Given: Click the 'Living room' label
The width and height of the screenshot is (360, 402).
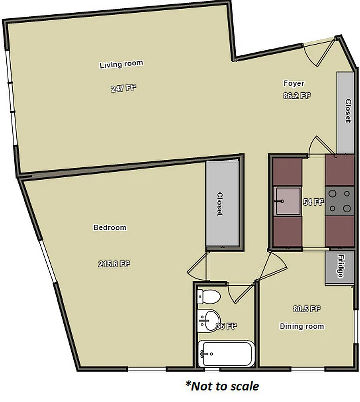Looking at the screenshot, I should pos(121,64).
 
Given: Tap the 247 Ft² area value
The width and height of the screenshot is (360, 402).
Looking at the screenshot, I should pos(124,89).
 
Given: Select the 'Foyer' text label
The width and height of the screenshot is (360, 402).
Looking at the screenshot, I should pos(294,83).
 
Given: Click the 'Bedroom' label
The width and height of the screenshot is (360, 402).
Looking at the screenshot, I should pos(110,228).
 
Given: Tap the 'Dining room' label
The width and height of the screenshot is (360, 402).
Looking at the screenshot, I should pos(302,326).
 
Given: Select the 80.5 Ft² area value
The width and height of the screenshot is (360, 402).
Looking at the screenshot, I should pos(307,309).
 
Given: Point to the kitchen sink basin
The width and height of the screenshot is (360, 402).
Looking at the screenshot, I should pos(287,202).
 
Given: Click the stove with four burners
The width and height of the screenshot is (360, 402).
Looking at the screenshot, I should pos(339,202).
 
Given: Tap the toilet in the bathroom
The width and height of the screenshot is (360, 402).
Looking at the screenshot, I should pos(208,296).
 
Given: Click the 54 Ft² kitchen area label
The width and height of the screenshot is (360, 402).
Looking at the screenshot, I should pos(313,202).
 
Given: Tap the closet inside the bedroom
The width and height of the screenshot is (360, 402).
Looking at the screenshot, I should pos(222,204).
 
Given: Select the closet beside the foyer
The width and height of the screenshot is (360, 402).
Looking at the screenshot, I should pos(346,112).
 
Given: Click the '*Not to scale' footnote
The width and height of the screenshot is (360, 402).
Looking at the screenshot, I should pos(222,386).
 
